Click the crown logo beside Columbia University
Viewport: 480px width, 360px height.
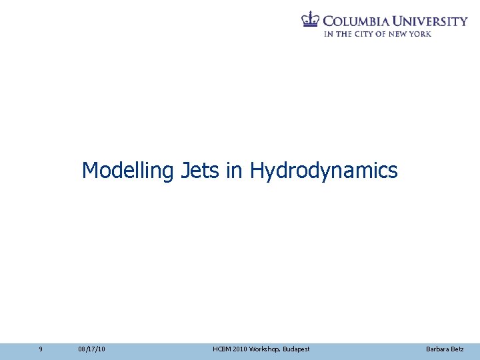click(311, 19)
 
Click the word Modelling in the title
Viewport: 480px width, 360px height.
click(127, 171)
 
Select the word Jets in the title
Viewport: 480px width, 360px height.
click(201, 171)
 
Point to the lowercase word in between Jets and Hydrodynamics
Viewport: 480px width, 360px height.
click(234, 171)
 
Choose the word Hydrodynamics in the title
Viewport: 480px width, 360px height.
click(324, 171)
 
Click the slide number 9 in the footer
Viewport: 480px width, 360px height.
click(41, 349)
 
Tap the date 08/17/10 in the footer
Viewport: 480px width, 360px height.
click(91, 349)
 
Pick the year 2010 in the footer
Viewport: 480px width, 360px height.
click(242, 349)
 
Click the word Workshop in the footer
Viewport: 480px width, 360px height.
click(266, 349)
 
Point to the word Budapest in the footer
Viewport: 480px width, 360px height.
click(297, 349)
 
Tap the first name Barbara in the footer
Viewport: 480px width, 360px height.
click(437, 349)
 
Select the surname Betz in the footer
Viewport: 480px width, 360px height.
click(457, 349)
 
